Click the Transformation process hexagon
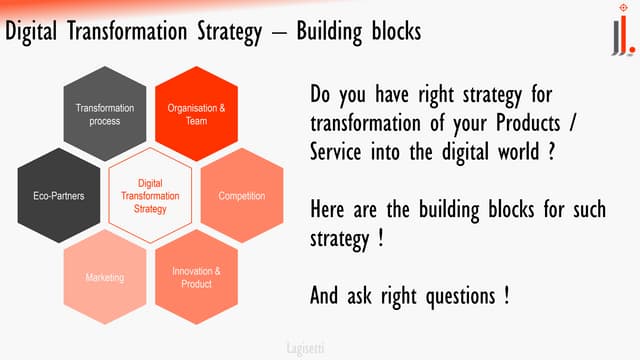click(98, 114)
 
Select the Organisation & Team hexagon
click(196, 114)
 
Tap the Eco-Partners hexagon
click(52, 196)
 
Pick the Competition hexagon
click(242, 196)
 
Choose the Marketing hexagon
click(104, 277)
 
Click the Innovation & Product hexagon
click(196, 277)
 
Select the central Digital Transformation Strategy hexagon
click(149, 196)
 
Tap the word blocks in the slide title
click(394, 31)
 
